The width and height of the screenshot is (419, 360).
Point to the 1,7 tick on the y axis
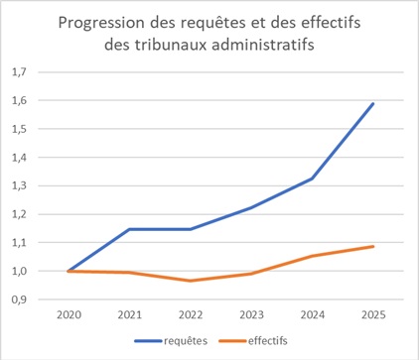pos(19,72)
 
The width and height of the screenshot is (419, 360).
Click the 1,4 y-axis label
pos(19,158)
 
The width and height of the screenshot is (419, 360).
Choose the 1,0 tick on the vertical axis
pos(19,272)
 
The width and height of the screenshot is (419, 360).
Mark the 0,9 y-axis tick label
pos(19,300)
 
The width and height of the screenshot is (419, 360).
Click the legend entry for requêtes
pos(172,343)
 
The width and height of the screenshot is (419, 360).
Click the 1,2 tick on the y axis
pos(19,214)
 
